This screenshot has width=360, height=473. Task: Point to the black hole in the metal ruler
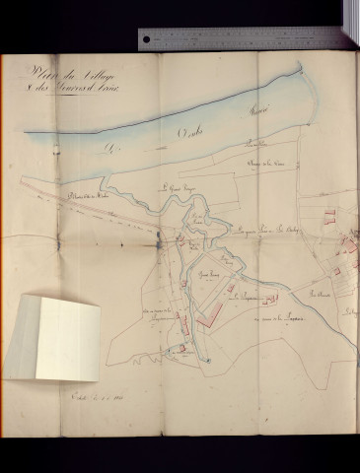click(x=147, y=39)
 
